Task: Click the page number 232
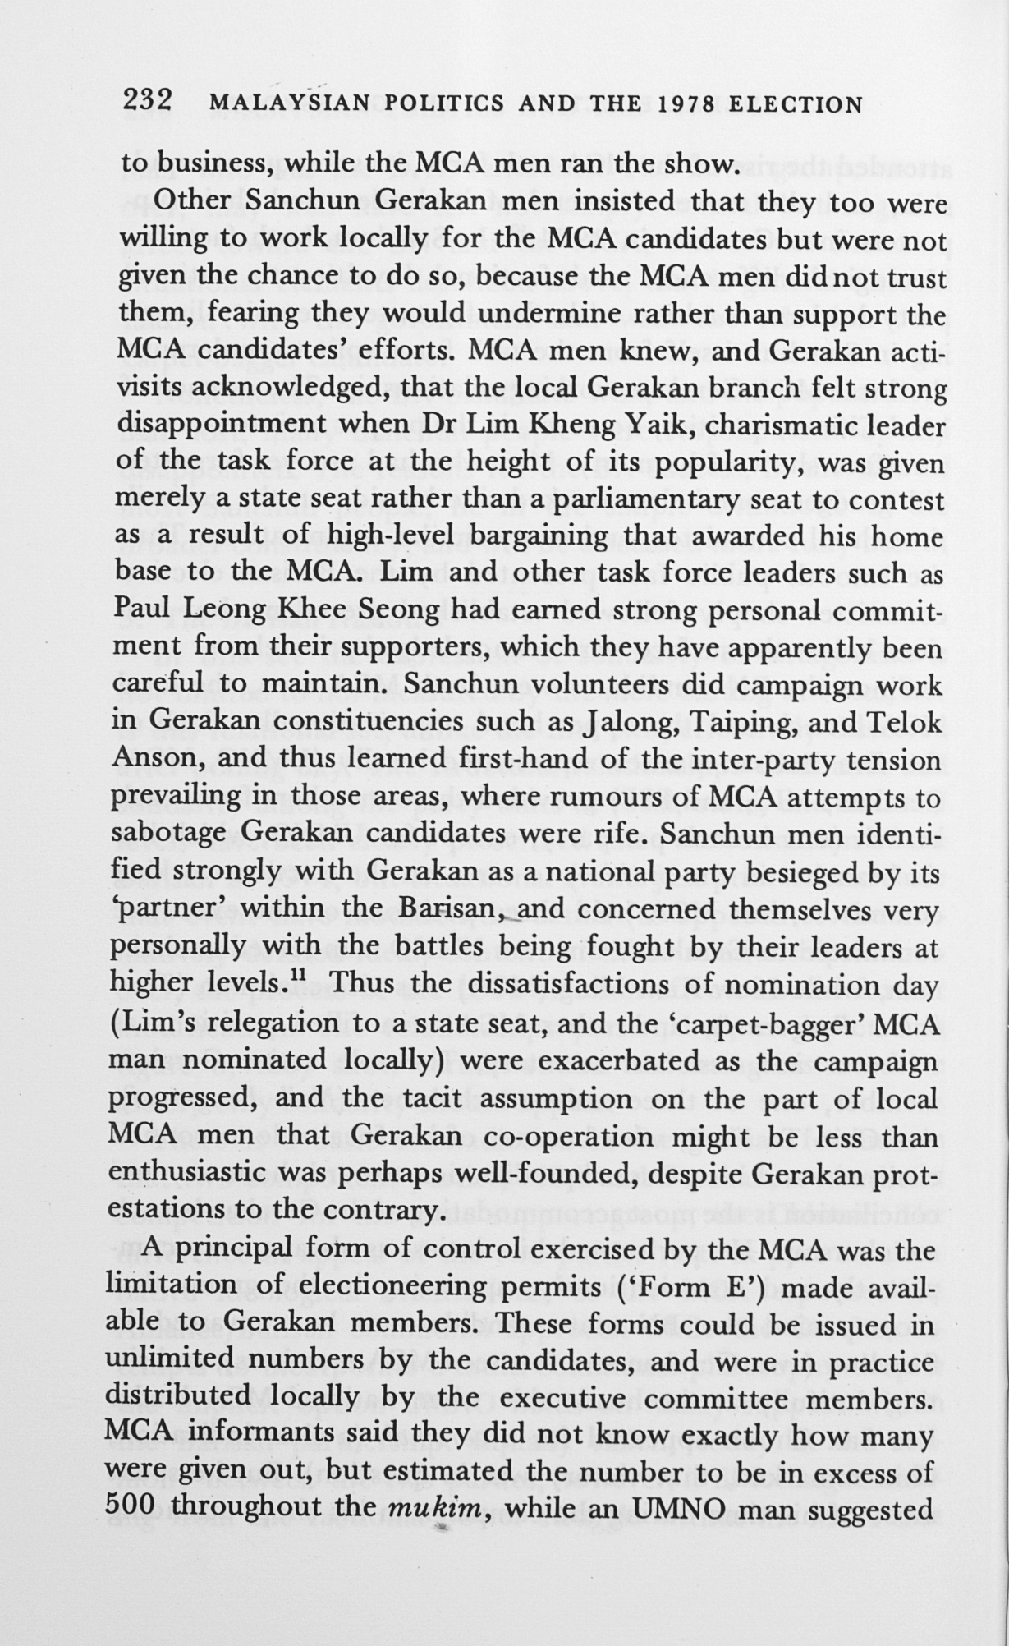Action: [147, 102]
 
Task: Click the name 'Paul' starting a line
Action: [141, 609]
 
